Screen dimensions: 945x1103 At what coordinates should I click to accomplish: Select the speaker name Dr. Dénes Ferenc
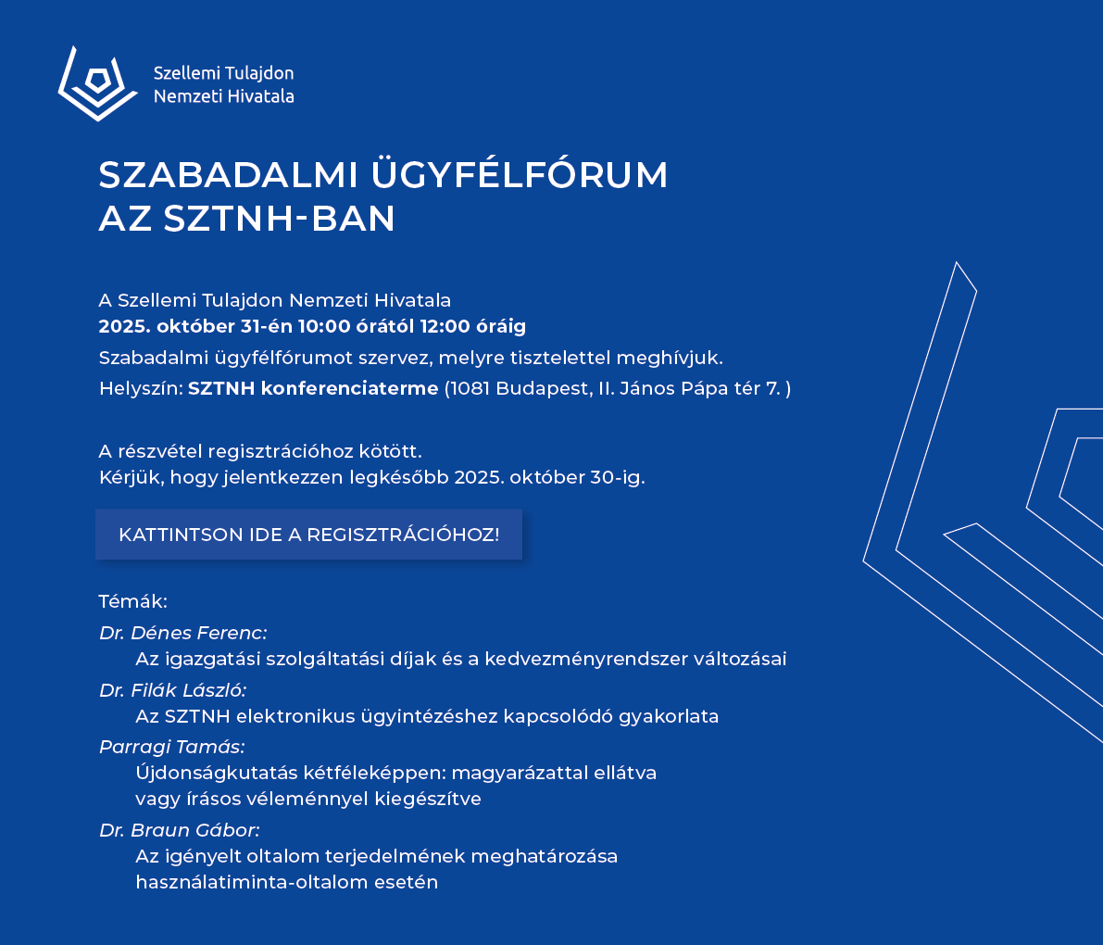point(182,633)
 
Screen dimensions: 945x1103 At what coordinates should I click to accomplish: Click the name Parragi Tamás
point(171,747)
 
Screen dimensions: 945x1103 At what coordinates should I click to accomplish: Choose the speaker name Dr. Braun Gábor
point(179,830)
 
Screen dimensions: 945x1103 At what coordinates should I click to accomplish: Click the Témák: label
point(132,601)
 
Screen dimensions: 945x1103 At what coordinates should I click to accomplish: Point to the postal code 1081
point(470,388)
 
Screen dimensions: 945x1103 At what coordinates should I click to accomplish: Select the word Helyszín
point(139,388)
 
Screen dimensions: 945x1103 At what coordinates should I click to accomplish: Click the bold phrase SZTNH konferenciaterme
point(313,388)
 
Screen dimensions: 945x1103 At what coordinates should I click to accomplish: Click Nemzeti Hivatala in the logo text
point(223,95)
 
